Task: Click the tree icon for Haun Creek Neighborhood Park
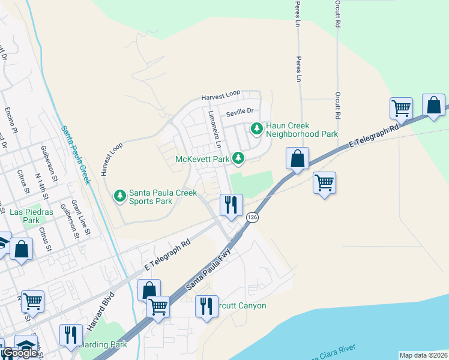click(257, 128)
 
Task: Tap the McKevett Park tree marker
click(239, 158)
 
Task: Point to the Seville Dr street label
click(240, 112)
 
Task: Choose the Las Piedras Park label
click(31, 216)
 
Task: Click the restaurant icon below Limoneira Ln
click(231, 205)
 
